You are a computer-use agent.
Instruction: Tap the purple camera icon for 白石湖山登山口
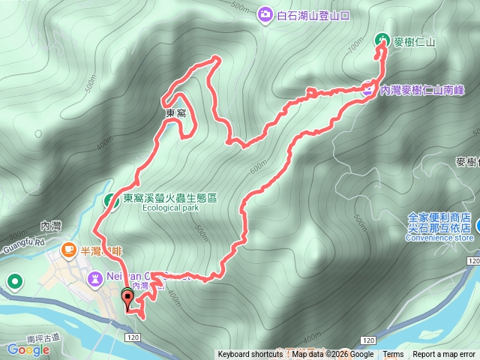(265, 13)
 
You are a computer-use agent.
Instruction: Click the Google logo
(28, 349)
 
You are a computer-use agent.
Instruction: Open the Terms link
(393, 355)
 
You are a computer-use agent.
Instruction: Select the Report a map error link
(444, 355)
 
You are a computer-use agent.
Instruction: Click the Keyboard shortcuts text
(250, 355)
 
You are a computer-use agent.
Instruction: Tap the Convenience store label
(439, 238)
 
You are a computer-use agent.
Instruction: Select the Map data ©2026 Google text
(333, 355)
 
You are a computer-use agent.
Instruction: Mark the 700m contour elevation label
(355, 47)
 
